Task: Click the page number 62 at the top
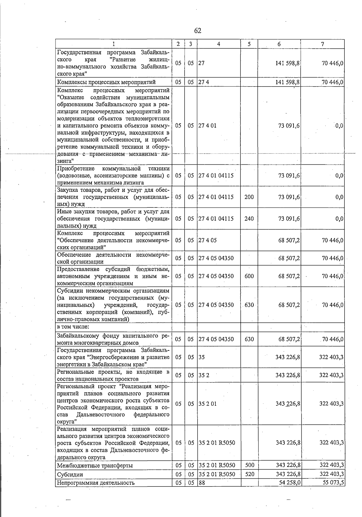[198, 31]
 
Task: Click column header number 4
[218, 44]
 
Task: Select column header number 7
[322, 44]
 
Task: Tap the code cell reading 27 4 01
[207, 126]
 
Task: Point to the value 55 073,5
[332, 483]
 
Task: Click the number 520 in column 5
[249, 474]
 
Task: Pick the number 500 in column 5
[249, 465]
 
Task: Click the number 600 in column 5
[249, 276]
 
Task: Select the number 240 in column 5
[249, 219]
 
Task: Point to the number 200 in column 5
[249, 197]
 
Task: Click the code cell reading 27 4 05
[207, 240]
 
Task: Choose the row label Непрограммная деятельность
[96, 483]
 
